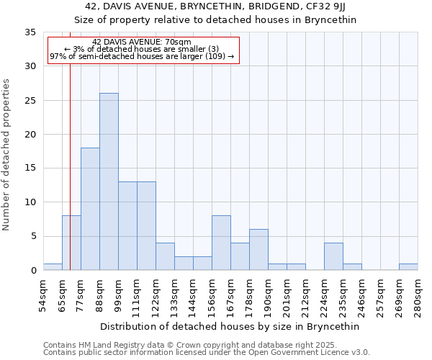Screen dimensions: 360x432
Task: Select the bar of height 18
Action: [x=90, y=209]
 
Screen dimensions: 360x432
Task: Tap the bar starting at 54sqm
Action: [x=53, y=267]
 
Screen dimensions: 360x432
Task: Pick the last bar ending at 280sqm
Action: [x=408, y=267]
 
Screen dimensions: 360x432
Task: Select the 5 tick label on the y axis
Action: [x=33, y=237]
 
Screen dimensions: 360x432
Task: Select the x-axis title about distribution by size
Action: [x=230, y=326]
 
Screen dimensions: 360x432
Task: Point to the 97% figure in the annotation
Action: [x=57, y=56]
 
